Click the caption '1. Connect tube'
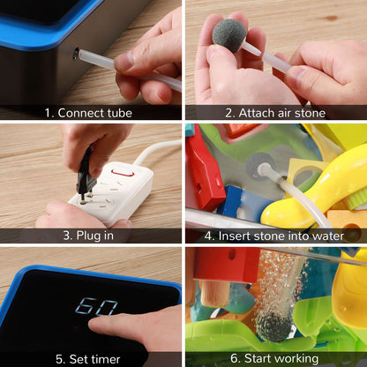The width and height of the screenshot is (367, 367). [x=88, y=113]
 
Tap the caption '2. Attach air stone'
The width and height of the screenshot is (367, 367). [x=275, y=113]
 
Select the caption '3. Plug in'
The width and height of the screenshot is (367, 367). [x=88, y=236]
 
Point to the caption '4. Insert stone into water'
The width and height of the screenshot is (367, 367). [x=274, y=236]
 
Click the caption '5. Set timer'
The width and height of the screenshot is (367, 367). [x=88, y=359]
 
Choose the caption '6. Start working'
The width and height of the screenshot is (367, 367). [x=274, y=358]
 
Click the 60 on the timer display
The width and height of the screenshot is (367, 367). [x=96, y=306]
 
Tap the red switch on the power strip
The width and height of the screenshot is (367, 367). [x=123, y=173]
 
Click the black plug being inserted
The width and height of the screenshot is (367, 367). [x=86, y=173]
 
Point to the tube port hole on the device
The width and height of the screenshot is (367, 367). [x=76, y=54]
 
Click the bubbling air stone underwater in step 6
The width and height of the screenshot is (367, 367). [x=273, y=326]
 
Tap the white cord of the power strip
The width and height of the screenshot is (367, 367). [x=157, y=150]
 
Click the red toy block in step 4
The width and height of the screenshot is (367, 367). [x=205, y=168]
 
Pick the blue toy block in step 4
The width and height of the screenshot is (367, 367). [x=244, y=203]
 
